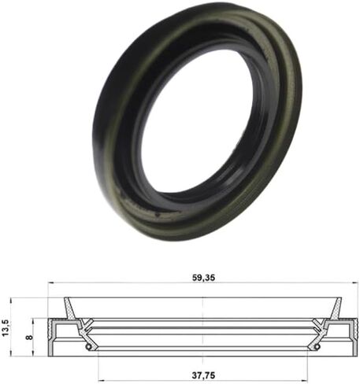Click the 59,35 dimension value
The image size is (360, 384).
(x=203, y=278)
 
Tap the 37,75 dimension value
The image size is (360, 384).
(x=203, y=375)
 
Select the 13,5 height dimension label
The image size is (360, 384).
(x=6, y=327)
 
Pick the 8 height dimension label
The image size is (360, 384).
(x=29, y=337)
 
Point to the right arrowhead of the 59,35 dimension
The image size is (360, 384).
(x=354, y=282)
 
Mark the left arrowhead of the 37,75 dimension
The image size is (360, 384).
(x=101, y=380)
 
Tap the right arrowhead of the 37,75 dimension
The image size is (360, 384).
(x=304, y=380)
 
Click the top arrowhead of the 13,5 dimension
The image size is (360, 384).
(x=11, y=301)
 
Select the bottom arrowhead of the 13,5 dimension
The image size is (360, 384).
(x=11, y=353)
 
